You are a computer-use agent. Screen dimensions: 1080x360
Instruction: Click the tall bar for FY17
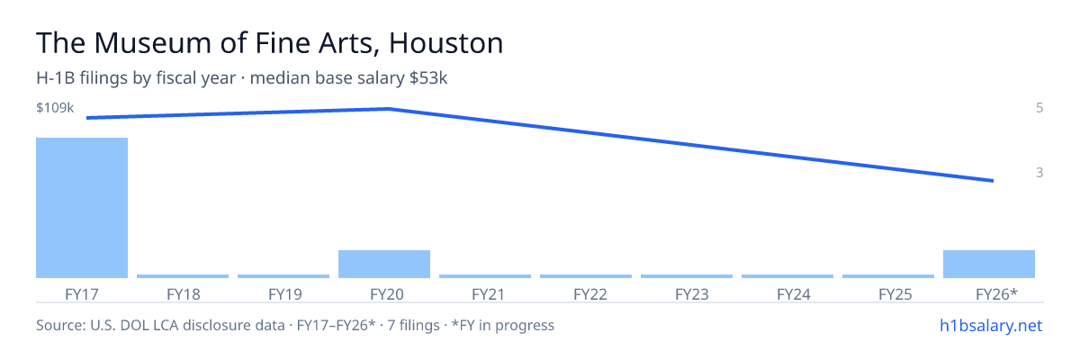pos(82,208)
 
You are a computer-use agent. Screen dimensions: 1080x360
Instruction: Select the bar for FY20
pos(384,264)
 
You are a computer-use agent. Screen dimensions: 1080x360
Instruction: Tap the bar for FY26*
pos(989,264)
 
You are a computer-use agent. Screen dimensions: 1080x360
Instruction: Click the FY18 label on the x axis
pos(184,294)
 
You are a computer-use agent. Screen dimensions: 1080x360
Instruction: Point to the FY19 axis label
pos(285,294)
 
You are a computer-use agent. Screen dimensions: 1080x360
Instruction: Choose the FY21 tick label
pos(489,294)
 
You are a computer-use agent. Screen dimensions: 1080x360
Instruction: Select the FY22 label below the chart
pos(590,294)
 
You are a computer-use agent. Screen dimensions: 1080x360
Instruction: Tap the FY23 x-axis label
pos(692,294)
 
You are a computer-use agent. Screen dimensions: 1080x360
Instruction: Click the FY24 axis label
pos(794,294)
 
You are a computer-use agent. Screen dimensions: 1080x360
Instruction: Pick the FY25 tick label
pos(895,294)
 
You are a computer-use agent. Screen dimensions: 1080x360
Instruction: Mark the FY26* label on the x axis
pos(996,294)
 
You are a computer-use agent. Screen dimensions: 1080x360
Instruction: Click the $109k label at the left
pos(55,107)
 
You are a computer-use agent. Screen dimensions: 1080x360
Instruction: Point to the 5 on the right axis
pos(1039,107)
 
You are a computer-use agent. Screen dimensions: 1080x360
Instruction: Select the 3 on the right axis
pos(1039,172)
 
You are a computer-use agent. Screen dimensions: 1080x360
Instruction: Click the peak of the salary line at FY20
pos(389,109)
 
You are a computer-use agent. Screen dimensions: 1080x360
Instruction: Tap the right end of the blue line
pos(994,181)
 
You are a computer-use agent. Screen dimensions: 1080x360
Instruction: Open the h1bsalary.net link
pos(991,325)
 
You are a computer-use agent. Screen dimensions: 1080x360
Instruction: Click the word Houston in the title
pos(446,42)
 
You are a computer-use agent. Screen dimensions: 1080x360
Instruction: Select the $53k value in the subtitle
pos(428,77)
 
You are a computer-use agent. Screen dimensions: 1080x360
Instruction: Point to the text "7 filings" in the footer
pos(414,325)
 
